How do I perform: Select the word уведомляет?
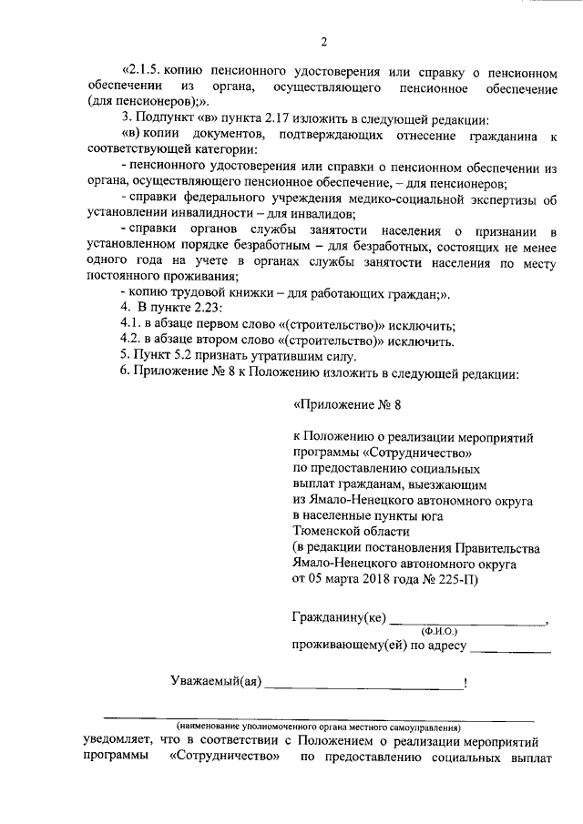tap(115, 742)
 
